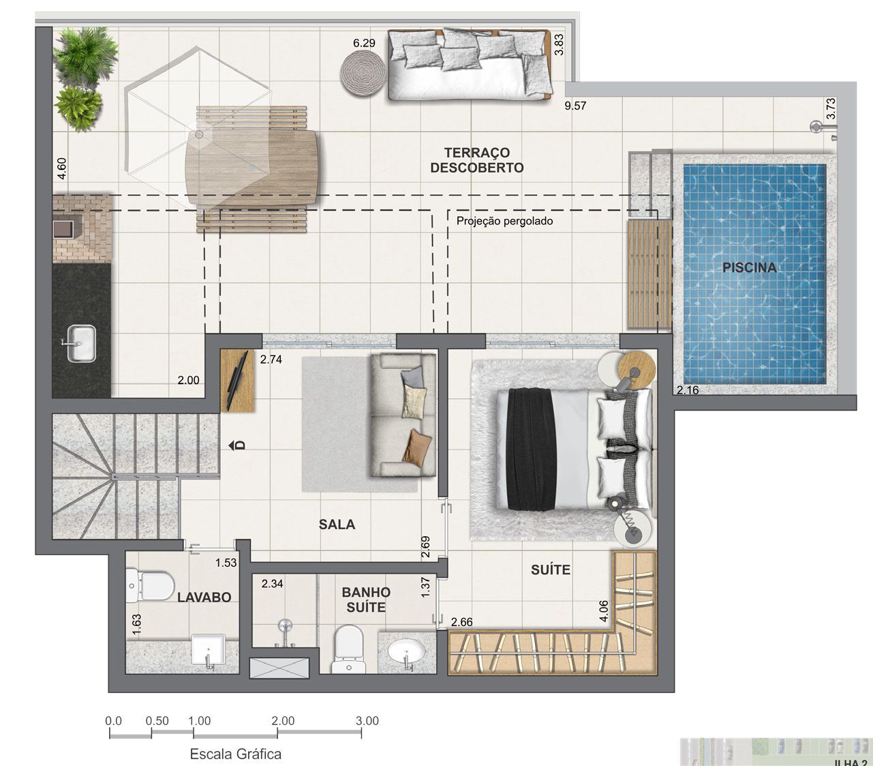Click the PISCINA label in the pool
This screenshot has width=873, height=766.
click(749, 268)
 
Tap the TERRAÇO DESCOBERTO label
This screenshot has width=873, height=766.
click(476, 160)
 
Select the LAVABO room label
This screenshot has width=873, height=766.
click(204, 598)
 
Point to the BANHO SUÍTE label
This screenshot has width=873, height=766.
click(366, 600)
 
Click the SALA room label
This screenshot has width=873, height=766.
click(337, 525)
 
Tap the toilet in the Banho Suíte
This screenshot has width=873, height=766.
click(348, 649)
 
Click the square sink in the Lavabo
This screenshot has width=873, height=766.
click(209, 649)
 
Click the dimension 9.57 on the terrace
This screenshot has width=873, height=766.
click(575, 106)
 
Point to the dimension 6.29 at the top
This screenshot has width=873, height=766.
click(364, 43)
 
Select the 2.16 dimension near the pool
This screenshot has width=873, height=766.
click(688, 391)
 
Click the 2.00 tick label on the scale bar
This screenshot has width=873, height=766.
click(282, 721)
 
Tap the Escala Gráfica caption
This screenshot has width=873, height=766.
click(235, 754)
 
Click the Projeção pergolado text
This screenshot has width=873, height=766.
click(504, 221)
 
